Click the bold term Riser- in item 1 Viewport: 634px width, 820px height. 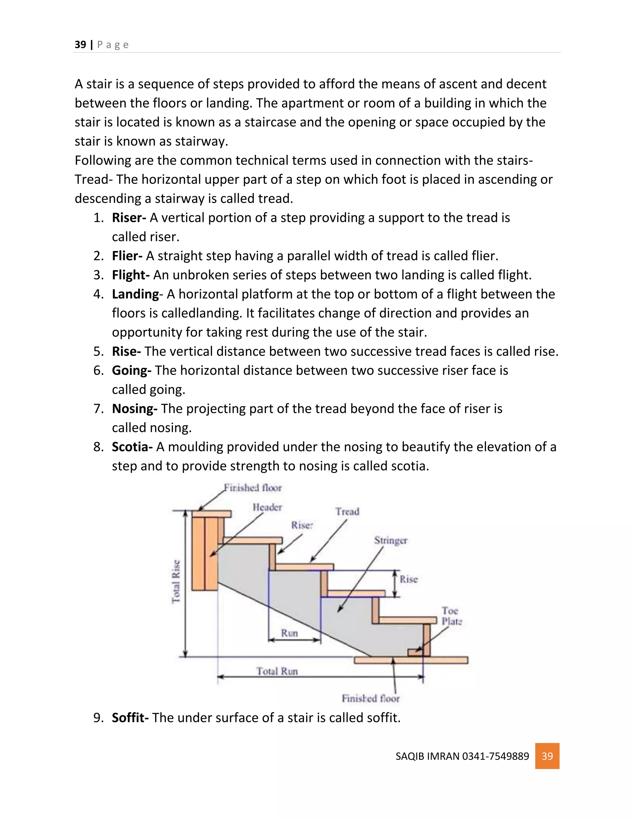[x=129, y=218]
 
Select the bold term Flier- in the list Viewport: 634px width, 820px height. [x=127, y=256]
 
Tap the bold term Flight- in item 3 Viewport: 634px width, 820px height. [x=131, y=275]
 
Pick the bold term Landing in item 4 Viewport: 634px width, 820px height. [x=135, y=294]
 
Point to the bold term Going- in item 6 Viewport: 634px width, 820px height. [x=132, y=371]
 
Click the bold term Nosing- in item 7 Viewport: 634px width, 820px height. [x=134, y=409]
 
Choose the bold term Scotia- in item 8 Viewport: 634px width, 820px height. [x=132, y=447]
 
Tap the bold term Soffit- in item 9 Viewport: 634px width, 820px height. [x=130, y=718]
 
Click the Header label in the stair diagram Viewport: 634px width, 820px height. [x=267, y=507]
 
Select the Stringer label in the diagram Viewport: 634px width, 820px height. [x=391, y=540]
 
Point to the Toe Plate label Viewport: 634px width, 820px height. [x=451, y=616]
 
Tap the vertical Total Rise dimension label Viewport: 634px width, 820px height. [x=176, y=582]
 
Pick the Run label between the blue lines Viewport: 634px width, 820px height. [x=289, y=633]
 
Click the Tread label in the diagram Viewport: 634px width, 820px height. [x=347, y=511]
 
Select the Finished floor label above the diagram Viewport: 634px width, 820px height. [x=253, y=488]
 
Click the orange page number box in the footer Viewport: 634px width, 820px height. [x=547, y=756]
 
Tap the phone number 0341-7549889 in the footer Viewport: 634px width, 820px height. [x=495, y=756]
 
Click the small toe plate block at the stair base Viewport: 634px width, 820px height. [x=415, y=652]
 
